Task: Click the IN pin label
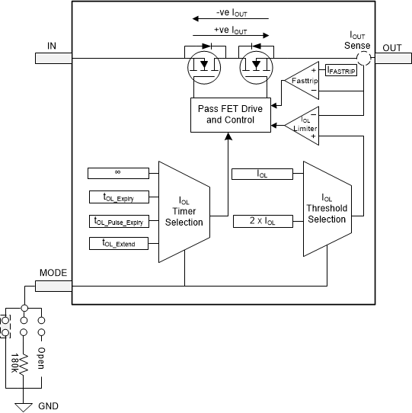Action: click(52, 46)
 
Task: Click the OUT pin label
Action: click(392, 47)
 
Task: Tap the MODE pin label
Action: click(53, 272)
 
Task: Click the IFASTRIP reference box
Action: click(340, 70)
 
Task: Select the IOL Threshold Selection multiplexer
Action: click(326, 208)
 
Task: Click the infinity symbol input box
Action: click(117, 173)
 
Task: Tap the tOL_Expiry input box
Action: click(117, 197)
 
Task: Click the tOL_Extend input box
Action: click(117, 244)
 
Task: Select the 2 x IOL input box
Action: click(261, 221)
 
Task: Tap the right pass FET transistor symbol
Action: click(256, 65)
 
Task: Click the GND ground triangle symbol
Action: click(24, 405)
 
